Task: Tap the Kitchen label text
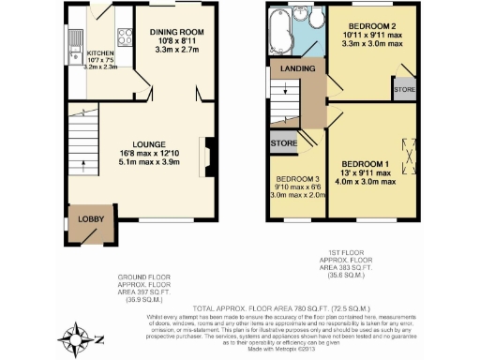tap(99, 53)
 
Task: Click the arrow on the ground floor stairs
tap(84, 168)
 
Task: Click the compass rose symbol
tap(77, 335)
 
